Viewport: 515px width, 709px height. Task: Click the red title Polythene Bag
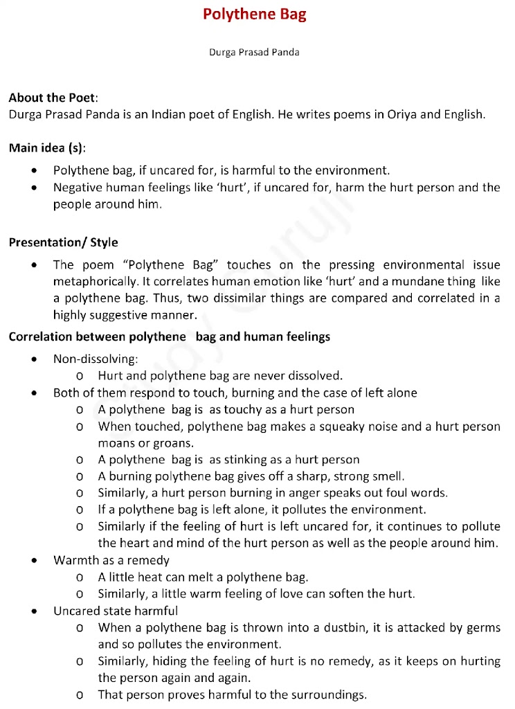pos(254,15)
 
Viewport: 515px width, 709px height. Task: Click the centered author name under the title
pos(254,52)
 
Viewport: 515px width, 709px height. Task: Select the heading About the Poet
pos(53,98)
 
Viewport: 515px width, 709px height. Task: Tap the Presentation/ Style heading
pos(63,242)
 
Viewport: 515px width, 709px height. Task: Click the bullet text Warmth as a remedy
pos(111,560)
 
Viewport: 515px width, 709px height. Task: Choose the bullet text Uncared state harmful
pos(115,611)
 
